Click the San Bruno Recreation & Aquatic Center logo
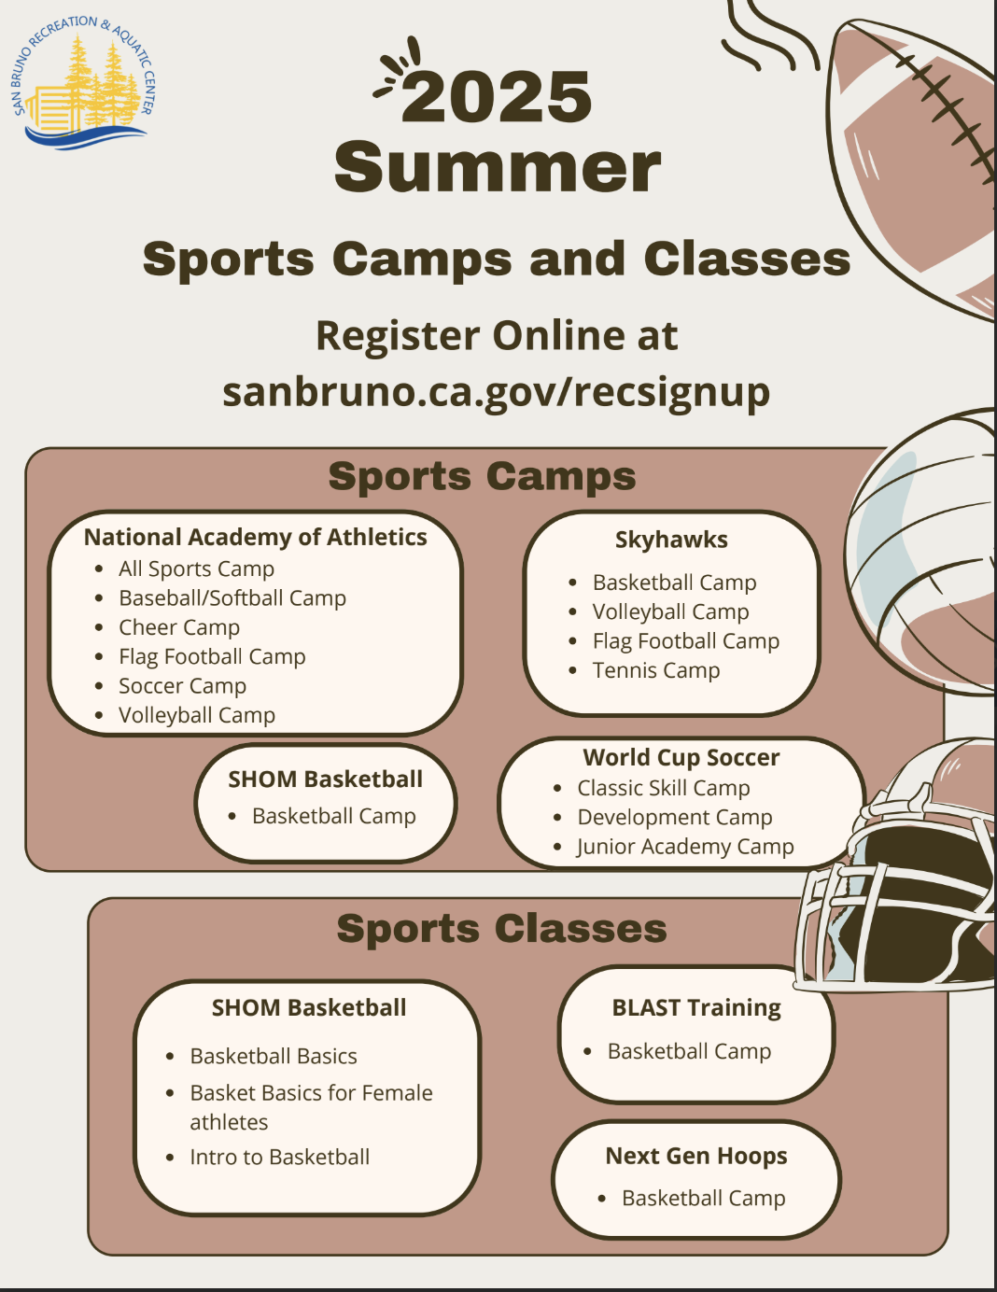click(83, 82)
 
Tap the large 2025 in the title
click(497, 97)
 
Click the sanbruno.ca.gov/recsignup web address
click(497, 392)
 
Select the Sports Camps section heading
click(482, 477)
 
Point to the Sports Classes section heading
click(502, 929)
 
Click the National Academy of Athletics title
click(256, 537)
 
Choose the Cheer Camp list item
click(179, 627)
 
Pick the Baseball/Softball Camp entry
click(232, 598)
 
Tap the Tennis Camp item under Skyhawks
click(656, 670)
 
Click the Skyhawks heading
click(671, 540)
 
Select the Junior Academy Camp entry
click(685, 847)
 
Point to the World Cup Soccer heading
click(681, 757)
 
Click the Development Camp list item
click(675, 818)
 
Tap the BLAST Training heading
click(696, 1008)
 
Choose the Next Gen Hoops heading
click(696, 1156)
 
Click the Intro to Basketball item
click(279, 1157)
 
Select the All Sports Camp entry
click(196, 569)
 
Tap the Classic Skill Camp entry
click(664, 789)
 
